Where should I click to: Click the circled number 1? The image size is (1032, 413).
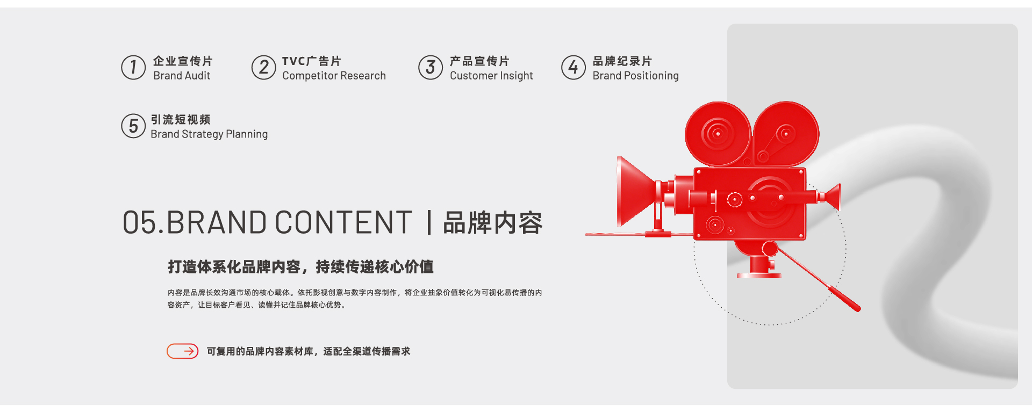coord(133,68)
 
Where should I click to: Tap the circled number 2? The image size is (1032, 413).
coord(263,68)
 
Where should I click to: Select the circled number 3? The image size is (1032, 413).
coord(431,68)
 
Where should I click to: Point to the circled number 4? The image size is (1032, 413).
coord(574,68)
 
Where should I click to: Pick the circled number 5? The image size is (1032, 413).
coord(133,126)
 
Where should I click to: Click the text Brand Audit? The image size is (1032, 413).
coord(182,76)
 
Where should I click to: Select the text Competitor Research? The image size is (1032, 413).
coord(334,76)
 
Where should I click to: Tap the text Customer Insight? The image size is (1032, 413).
coord(491,76)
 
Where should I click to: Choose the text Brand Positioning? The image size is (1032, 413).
coord(635,76)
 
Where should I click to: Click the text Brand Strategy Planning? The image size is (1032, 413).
coord(209,134)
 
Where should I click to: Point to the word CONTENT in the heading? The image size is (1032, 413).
coord(343,222)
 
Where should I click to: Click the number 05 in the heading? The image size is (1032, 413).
coord(140,222)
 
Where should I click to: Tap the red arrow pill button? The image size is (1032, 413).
coord(183,351)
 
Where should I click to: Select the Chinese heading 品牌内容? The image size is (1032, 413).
coord(493,223)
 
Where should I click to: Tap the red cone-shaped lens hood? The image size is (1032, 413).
coord(636,191)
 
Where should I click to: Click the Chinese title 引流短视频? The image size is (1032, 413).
coord(181,119)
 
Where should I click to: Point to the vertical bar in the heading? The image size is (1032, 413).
coord(429,223)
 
